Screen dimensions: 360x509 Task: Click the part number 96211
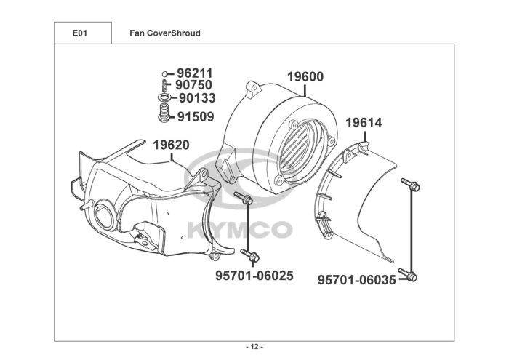194,73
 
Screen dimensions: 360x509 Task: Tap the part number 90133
196,98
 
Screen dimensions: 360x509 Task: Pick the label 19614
363,124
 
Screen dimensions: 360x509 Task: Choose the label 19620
171,145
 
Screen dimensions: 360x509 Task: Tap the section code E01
81,33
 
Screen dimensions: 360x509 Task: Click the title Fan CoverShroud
164,33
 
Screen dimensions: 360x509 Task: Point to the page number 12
254,345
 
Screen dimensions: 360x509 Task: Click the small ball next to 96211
165,73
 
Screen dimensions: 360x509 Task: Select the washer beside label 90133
164,98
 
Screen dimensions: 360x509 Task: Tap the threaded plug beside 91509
164,114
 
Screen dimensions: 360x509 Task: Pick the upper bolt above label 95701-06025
245,198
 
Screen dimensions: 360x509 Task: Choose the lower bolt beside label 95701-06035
412,276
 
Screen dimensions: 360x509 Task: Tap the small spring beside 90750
164,84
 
